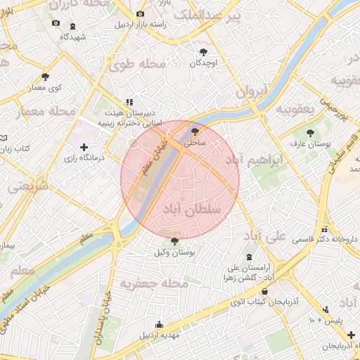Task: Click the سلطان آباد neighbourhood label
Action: click(x=191, y=210)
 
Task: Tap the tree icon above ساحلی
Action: click(x=195, y=131)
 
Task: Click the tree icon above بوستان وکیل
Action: click(x=174, y=241)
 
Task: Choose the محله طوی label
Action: click(x=137, y=65)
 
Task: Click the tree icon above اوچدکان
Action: click(x=203, y=52)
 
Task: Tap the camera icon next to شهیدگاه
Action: click(x=56, y=23)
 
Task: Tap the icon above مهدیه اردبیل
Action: click(x=159, y=325)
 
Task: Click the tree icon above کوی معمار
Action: click(x=46, y=77)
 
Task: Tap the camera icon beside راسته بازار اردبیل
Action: click(x=140, y=13)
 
